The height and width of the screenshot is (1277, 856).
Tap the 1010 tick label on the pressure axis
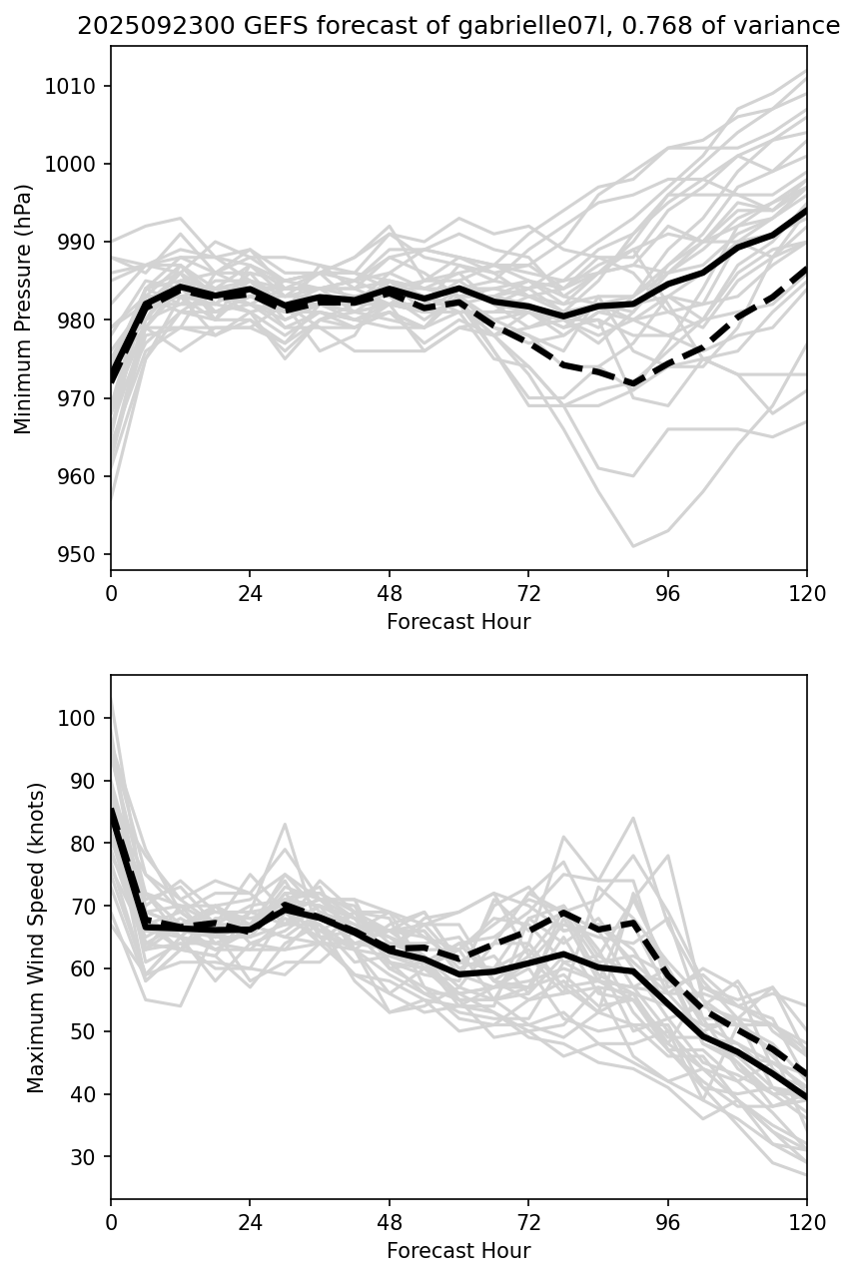tap(75, 86)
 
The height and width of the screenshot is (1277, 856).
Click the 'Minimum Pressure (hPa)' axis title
tap(24, 309)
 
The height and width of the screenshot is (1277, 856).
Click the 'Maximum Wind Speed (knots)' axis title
tap(36, 938)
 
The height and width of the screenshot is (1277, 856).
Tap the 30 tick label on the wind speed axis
tap(86, 1157)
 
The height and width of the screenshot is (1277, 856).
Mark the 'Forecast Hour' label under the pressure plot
tap(458, 622)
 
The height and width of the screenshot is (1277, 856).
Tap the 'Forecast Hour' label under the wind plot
tap(458, 1251)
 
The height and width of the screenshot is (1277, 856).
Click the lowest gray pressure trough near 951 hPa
tap(633, 546)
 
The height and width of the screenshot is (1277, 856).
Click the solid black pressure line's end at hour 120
tap(806, 211)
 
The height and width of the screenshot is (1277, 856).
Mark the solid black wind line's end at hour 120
tap(806, 1097)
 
